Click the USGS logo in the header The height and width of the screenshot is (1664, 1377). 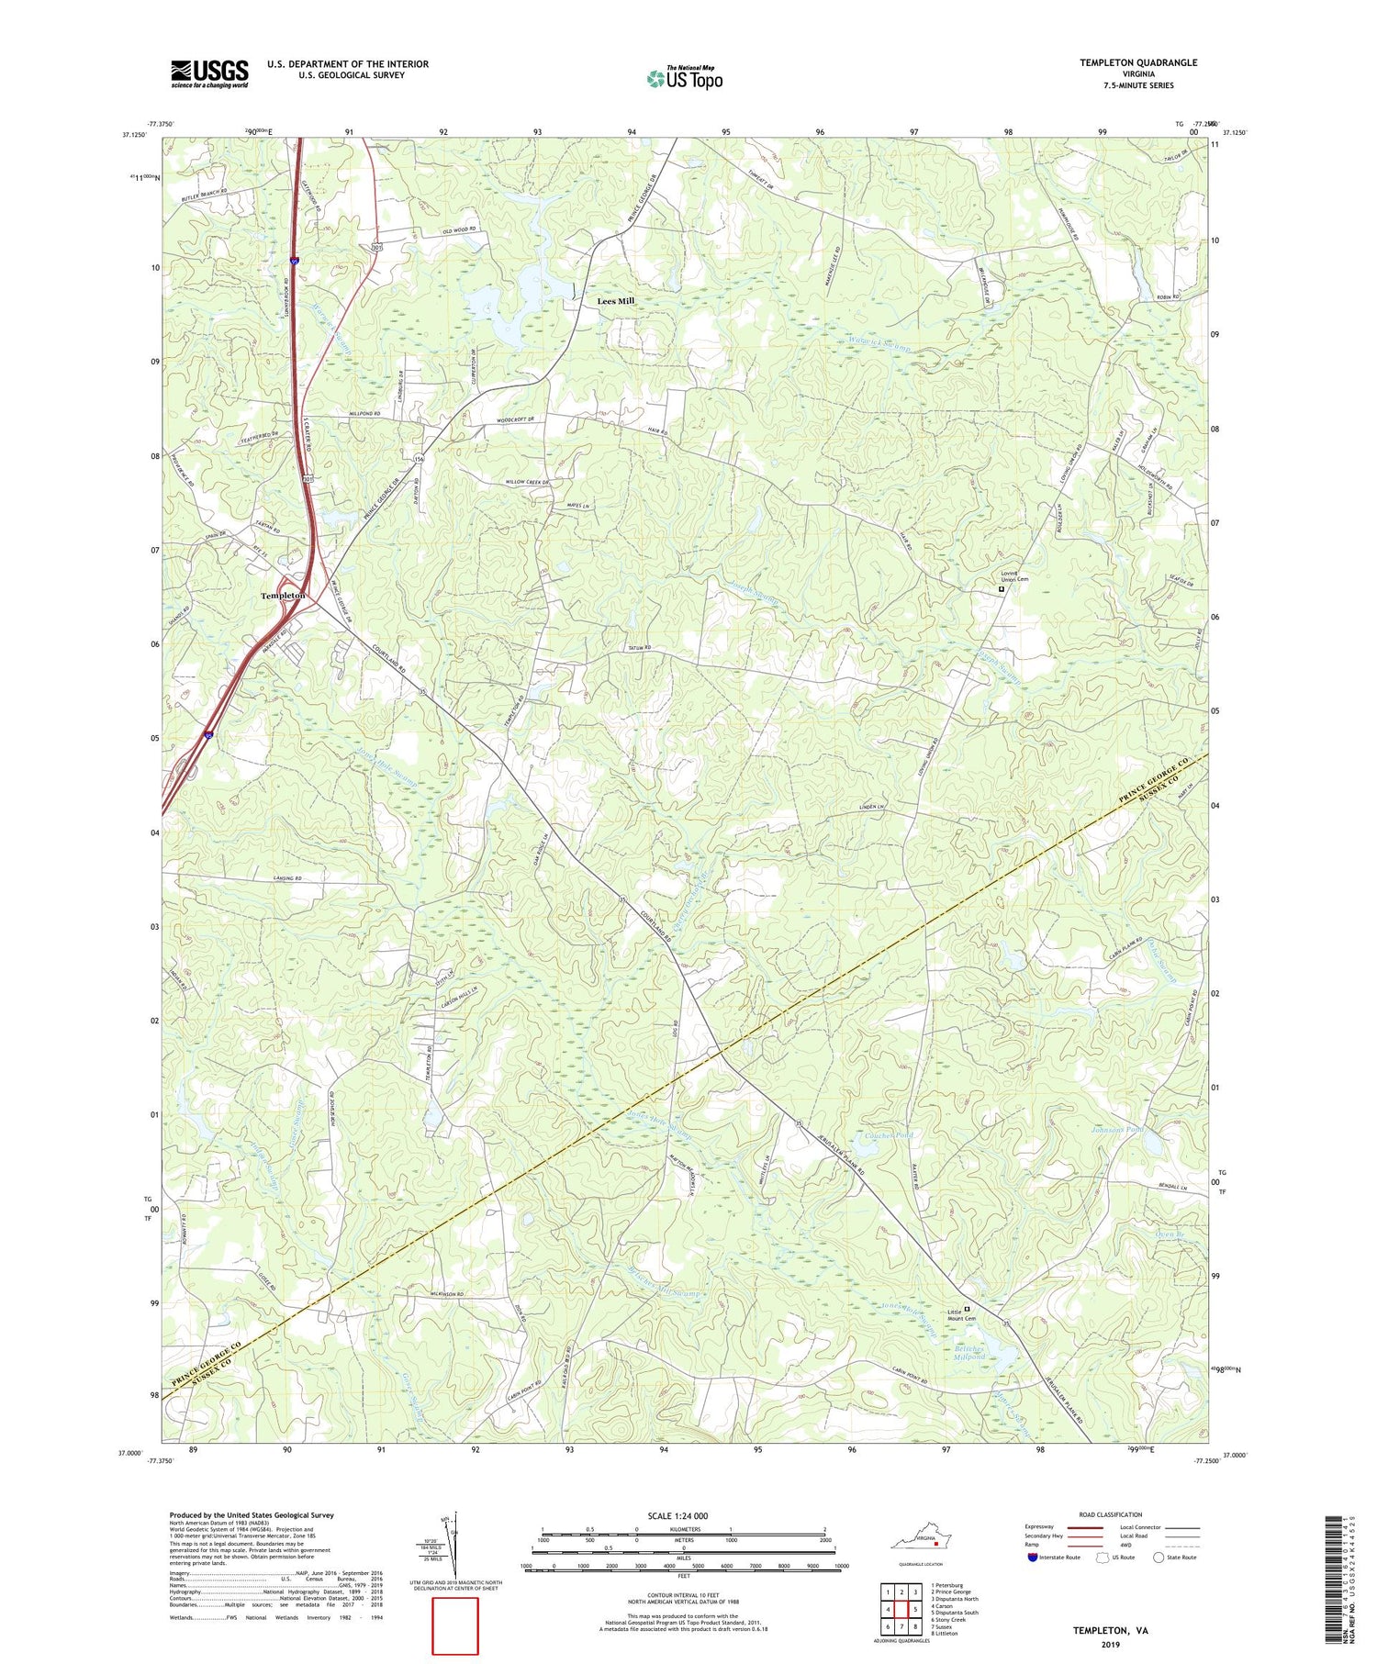(x=209, y=73)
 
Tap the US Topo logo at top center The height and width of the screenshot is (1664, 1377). (x=684, y=79)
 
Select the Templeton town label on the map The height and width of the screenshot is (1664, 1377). (x=283, y=596)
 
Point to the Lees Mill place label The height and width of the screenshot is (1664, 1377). (x=616, y=301)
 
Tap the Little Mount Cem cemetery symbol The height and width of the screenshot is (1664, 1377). (x=967, y=1310)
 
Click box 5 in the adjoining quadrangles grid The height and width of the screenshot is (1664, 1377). (x=915, y=1609)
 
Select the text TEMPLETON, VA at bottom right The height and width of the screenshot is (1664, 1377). (x=1111, y=1630)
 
